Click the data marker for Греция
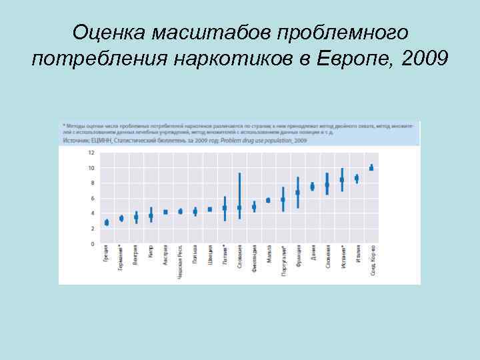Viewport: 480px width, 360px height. tap(107, 222)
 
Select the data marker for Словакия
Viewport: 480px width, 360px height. tap(239, 207)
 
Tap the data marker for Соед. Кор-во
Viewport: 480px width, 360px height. tap(371, 168)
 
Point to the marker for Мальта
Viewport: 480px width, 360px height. tap(268, 200)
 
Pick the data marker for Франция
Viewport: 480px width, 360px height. tap(298, 193)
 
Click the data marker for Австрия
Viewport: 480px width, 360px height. tap(165, 212)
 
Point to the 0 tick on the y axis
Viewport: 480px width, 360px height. tap(92, 244)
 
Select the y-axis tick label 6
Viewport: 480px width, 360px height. tap(92, 198)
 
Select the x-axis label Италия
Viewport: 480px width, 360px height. tap(357, 255)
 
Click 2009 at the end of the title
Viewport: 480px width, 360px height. tap(425, 59)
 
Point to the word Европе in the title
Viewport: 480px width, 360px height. tap(357, 59)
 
